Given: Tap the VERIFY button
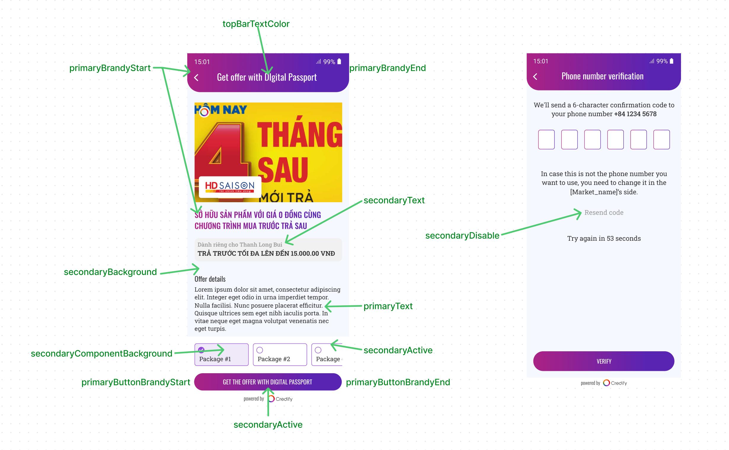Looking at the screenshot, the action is (x=603, y=361).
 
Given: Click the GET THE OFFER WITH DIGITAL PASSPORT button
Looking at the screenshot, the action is (x=267, y=382).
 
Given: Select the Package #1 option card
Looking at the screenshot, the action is (x=221, y=355).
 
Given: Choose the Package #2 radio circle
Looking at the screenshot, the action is (x=260, y=350).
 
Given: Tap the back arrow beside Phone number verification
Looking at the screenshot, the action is (x=535, y=76).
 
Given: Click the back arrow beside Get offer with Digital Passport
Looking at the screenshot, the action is (x=196, y=78).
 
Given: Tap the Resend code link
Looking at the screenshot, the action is (x=603, y=213).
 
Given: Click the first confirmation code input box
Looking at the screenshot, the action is (x=546, y=139).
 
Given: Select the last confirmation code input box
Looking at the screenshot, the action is (x=661, y=139).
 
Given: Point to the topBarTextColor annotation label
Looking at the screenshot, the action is (x=256, y=24).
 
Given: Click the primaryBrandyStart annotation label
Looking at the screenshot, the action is (x=110, y=68).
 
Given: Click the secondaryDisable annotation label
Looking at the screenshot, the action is (x=462, y=235).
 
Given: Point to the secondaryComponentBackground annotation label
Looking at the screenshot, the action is (x=101, y=353).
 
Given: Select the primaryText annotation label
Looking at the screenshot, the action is (x=388, y=306).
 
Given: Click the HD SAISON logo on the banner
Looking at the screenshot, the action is (x=230, y=186).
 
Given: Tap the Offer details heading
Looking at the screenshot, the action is (x=210, y=279).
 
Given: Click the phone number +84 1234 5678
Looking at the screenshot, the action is (x=635, y=114).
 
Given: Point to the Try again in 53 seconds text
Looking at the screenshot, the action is (x=603, y=238).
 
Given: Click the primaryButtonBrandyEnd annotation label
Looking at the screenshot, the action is (x=398, y=382).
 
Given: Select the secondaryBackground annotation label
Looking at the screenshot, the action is (x=110, y=272).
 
